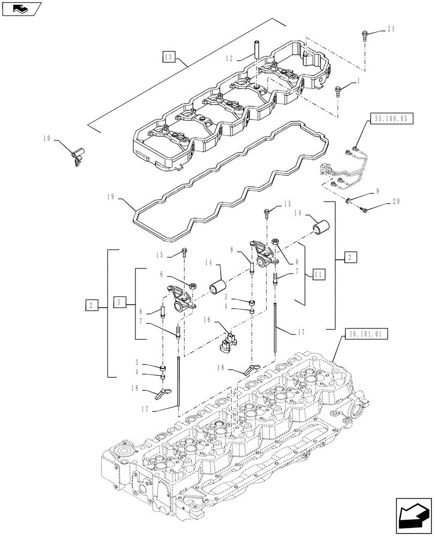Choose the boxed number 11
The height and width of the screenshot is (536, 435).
pos(319,274)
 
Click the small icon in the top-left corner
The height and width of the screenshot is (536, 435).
pos(20,8)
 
